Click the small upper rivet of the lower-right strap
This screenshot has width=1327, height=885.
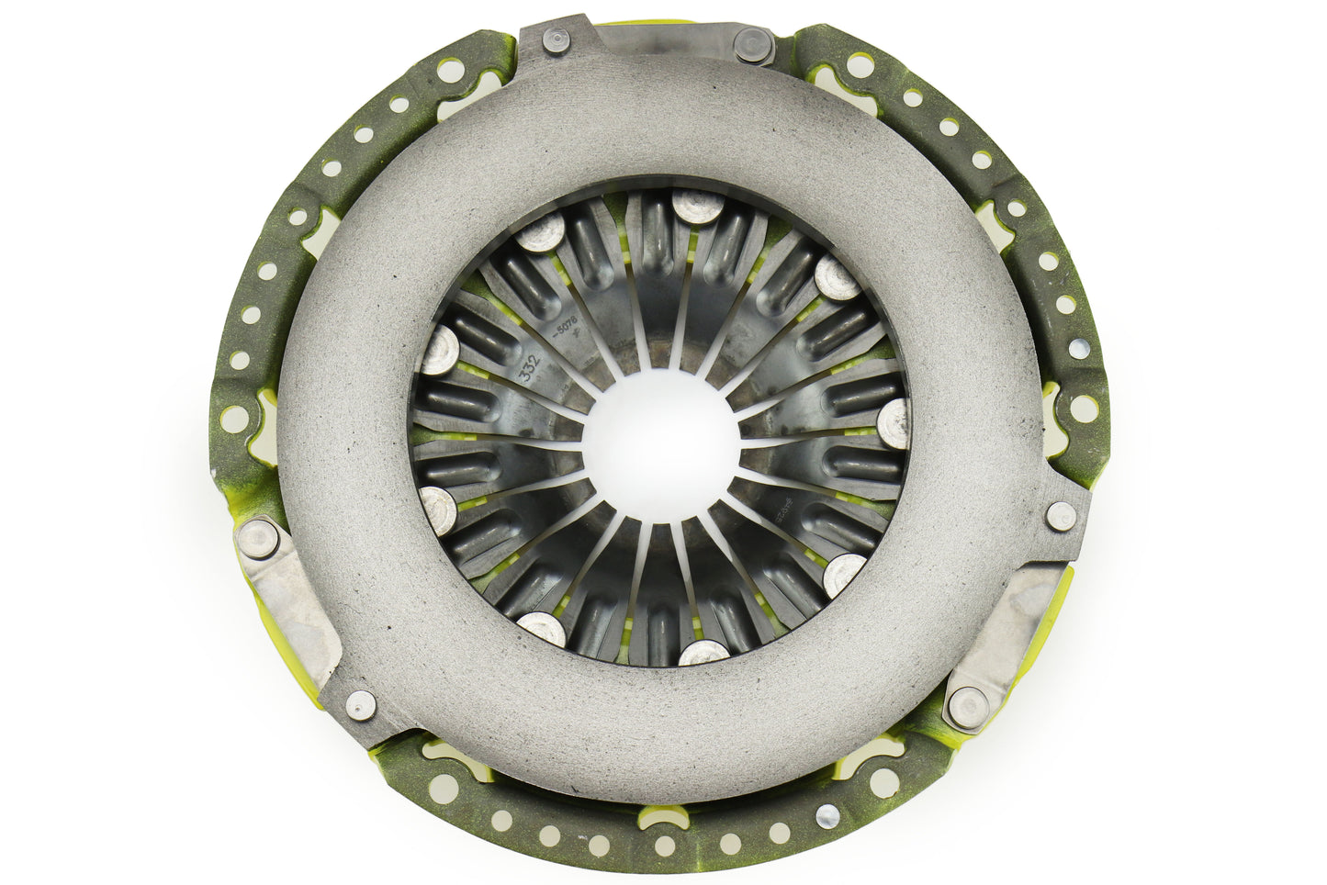tap(1061, 512)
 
